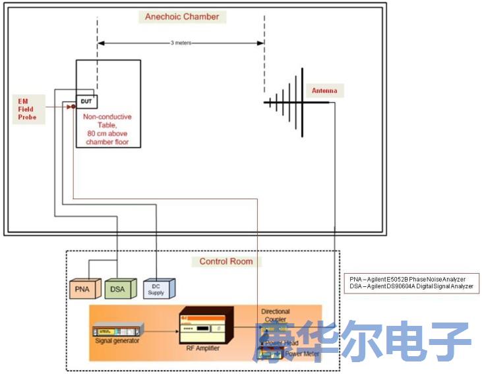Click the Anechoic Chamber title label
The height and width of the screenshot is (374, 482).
click(182, 16)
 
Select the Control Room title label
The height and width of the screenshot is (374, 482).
click(226, 261)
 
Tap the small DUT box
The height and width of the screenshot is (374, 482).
click(86, 102)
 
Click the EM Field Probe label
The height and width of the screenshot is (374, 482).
click(28, 108)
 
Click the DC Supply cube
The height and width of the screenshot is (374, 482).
click(158, 288)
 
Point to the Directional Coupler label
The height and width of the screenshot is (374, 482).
click(275, 315)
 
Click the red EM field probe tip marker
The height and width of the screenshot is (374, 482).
click(71, 106)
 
